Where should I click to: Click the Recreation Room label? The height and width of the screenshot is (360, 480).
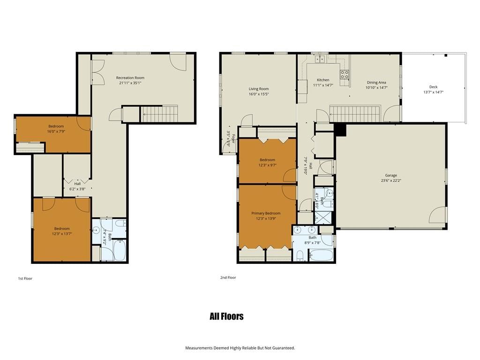[x=130, y=78]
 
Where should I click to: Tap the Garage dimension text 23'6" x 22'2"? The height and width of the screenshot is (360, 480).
[x=391, y=180]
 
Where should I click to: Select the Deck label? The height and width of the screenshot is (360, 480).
[x=434, y=87]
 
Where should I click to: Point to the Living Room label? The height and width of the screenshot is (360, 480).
[x=259, y=89]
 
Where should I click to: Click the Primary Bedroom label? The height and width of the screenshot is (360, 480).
[x=266, y=213]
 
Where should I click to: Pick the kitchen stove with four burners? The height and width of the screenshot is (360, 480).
[x=345, y=75]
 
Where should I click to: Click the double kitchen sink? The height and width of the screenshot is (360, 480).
[x=320, y=58]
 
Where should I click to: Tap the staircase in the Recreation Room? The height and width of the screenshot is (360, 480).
[x=159, y=113]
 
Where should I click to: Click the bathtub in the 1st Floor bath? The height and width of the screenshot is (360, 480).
[x=120, y=250]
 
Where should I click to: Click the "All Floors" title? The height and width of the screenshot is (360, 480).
[x=226, y=316]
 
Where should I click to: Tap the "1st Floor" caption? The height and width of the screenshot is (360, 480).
[x=25, y=278]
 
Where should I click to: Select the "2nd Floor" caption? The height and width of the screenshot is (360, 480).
[x=228, y=277]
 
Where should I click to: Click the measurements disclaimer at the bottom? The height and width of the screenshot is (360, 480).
[x=240, y=348]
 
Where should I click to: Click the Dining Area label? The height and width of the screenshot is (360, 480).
[x=376, y=82]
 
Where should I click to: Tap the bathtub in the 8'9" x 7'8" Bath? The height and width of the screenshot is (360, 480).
[x=321, y=255]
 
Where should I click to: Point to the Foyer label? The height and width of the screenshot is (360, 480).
[x=233, y=139]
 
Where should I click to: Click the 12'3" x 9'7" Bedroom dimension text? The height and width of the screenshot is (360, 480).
[x=267, y=165]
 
